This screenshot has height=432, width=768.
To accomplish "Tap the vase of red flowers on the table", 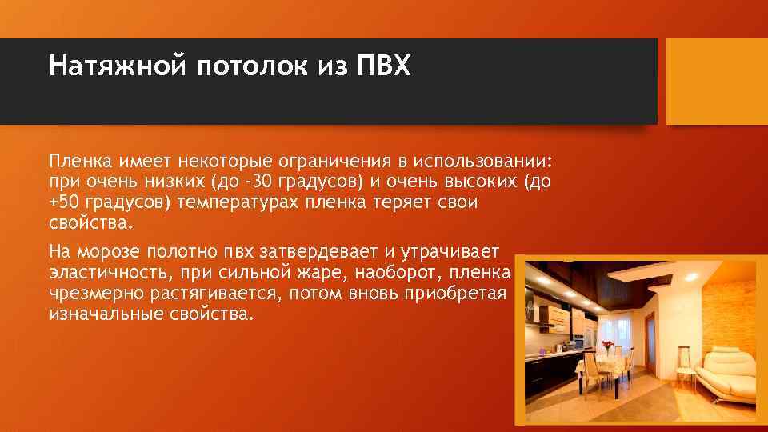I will point(609,348).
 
